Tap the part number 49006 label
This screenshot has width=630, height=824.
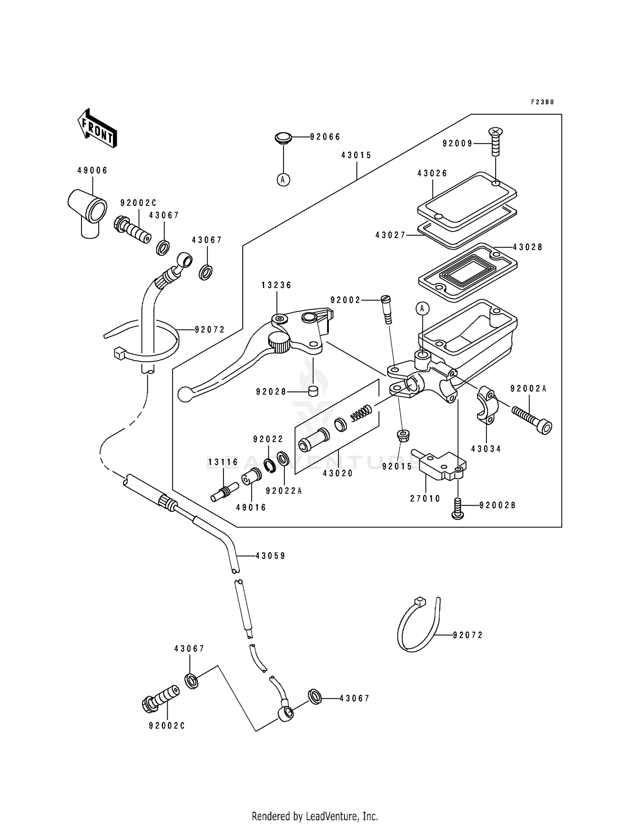[92, 171]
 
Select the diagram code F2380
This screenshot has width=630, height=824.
[543, 102]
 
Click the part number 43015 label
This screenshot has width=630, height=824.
[356, 155]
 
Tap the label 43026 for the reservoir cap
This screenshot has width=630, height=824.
[432, 173]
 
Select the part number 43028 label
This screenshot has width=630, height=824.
[528, 247]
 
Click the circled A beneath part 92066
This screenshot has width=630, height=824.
[283, 180]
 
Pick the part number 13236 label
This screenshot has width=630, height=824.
[276, 285]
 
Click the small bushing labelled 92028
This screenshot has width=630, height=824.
[313, 391]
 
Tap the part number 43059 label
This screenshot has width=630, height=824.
[270, 556]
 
